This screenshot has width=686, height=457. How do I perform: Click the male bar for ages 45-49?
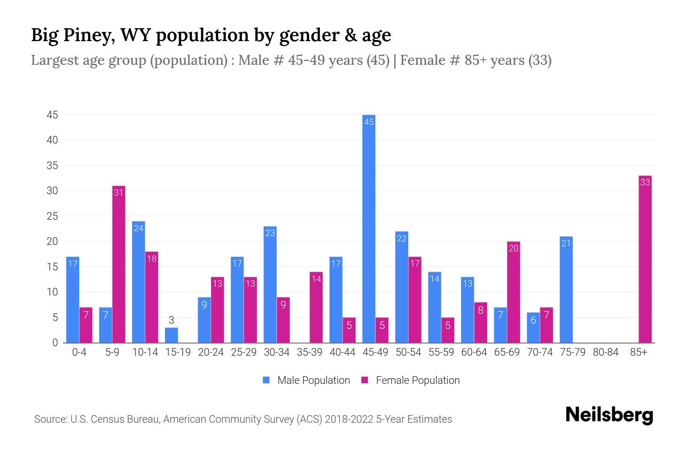[x=369, y=228]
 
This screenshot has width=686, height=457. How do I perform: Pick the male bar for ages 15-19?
[x=171, y=335]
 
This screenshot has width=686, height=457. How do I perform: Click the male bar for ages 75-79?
[x=566, y=289]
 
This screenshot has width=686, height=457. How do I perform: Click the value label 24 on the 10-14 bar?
[x=138, y=228]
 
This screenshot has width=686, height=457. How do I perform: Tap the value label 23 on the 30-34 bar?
[x=270, y=233]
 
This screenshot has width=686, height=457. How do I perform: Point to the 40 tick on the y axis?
[x=52, y=140]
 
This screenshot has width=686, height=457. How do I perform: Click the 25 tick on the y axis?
[x=52, y=216]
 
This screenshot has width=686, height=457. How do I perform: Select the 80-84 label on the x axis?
[x=605, y=352]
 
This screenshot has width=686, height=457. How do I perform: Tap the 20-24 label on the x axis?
[x=211, y=352]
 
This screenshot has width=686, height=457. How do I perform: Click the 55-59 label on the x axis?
[x=441, y=352]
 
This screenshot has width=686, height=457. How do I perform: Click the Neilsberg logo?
[x=609, y=415]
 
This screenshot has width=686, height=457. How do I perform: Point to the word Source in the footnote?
[x=50, y=419]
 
